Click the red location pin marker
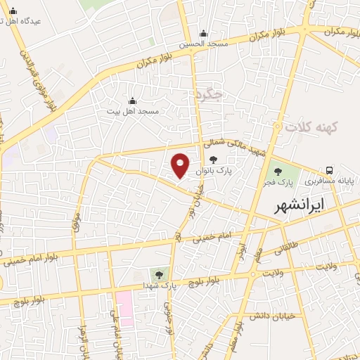click(181, 165)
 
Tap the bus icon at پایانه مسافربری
click(329, 171)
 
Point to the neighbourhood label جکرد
click(210, 94)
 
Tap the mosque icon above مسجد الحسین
click(204, 33)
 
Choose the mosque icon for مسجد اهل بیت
click(133, 101)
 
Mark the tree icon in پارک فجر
click(278, 171)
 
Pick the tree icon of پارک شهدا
click(160, 274)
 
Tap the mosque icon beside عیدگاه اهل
click(13, 11)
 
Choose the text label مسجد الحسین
click(204, 44)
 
